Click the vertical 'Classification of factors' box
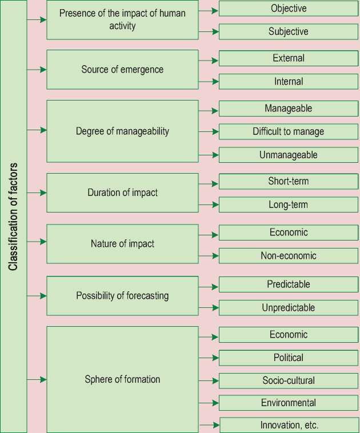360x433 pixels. [x=13, y=216]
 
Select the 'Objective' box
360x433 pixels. [x=288, y=9]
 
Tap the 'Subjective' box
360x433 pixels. [x=288, y=32]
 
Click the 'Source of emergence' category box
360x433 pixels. [x=122, y=70]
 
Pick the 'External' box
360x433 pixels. [x=288, y=58]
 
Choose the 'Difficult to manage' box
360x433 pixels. [x=288, y=132]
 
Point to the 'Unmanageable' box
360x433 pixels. [x=288, y=155]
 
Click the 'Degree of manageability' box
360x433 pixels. [x=122, y=131]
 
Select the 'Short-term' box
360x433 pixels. [x=288, y=182]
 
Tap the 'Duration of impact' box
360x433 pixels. [x=122, y=193]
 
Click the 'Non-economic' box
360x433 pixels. [x=288, y=256]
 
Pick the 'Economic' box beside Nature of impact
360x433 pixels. [x=288, y=232]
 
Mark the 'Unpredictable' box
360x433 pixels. [x=288, y=308]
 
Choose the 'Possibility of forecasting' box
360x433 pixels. [x=122, y=296]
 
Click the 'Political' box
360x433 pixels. [x=288, y=358]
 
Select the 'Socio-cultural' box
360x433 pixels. [x=288, y=380]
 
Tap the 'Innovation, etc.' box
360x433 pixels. [x=289, y=425]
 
